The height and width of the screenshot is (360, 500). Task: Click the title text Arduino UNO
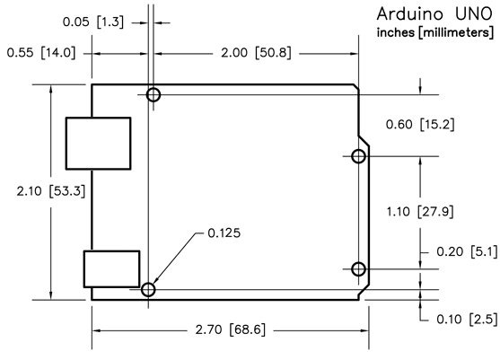tap(432, 15)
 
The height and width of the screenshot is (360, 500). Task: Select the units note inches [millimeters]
tap(432, 33)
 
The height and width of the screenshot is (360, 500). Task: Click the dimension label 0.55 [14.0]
tap(40, 53)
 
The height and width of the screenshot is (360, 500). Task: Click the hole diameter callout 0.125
tap(224, 233)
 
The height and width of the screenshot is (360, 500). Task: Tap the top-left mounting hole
tap(154, 94)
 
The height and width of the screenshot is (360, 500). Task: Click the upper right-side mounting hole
tap(358, 157)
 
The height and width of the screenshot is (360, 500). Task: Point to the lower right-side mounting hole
tap(358, 268)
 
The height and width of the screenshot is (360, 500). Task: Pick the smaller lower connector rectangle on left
tap(110, 268)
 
